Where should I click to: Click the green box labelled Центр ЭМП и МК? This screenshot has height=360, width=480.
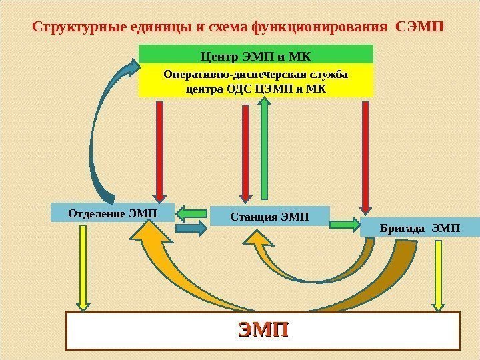[x=256, y=54]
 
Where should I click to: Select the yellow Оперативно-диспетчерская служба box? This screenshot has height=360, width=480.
[x=256, y=80]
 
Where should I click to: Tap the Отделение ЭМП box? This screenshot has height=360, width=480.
[x=112, y=212]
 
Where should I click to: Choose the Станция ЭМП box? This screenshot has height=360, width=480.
[x=269, y=216]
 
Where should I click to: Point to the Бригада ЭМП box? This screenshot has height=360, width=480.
[x=419, y=228]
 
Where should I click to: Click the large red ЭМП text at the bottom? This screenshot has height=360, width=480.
[x=264, y=330]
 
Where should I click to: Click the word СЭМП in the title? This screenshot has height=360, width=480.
[x=419, y=28]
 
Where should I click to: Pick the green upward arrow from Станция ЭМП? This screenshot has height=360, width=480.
[x=265, y=147]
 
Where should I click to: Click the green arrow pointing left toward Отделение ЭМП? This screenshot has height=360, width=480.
[x=192, y=214]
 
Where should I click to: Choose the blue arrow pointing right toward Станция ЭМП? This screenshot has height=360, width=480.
[x=192, y=229]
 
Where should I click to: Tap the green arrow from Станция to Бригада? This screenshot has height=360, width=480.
[x=345, y=224]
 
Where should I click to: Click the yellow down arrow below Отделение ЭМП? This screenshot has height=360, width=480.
[x=83, y=267]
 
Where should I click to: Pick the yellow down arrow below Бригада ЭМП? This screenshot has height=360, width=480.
[x=439, y=273]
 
